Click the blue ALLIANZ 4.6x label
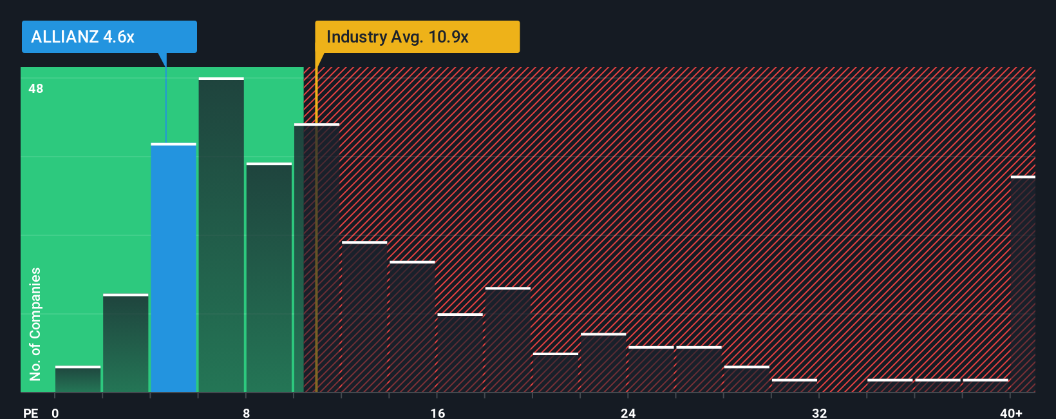pyautogui.click(x=109, y=37)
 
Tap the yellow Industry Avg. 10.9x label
pyautogui.click(x=417, y=37)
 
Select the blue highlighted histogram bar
pyautogui.click(x=173, y=268)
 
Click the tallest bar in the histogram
pyautogui.click(x=221, y=235)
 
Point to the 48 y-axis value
pyautogui.click(x=36, y=88)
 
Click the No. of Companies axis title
pyautogui.click(x=35, y=324)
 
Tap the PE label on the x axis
pyautogui.click(x=30, y=413)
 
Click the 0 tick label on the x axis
pyautogui.click(x=55, y=413)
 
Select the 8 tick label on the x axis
pyautogui.click(x=246, y=413)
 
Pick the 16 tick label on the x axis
pyautogui.click(x=437, y=413)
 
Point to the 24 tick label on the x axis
pyautogui.click(x=628, y=413)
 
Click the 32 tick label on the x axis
pyautogui.click(x=819, y=413)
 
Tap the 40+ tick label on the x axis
pyautogui.click(x=1011, y=413)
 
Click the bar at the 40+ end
pyautogui.click(x=1023, y=284)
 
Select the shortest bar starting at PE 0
pyautogui.click(x=78, y=380)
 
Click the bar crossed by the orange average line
pyautogui.click(x=317, y=258)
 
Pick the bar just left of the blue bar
pyautogui.click(x=126, y=343)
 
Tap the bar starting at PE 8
pyautogui.click(x=269, y=277)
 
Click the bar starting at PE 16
pyautogui.click(x=460, y=353)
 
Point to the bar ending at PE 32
pyautogui.click(x=794, y=385)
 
